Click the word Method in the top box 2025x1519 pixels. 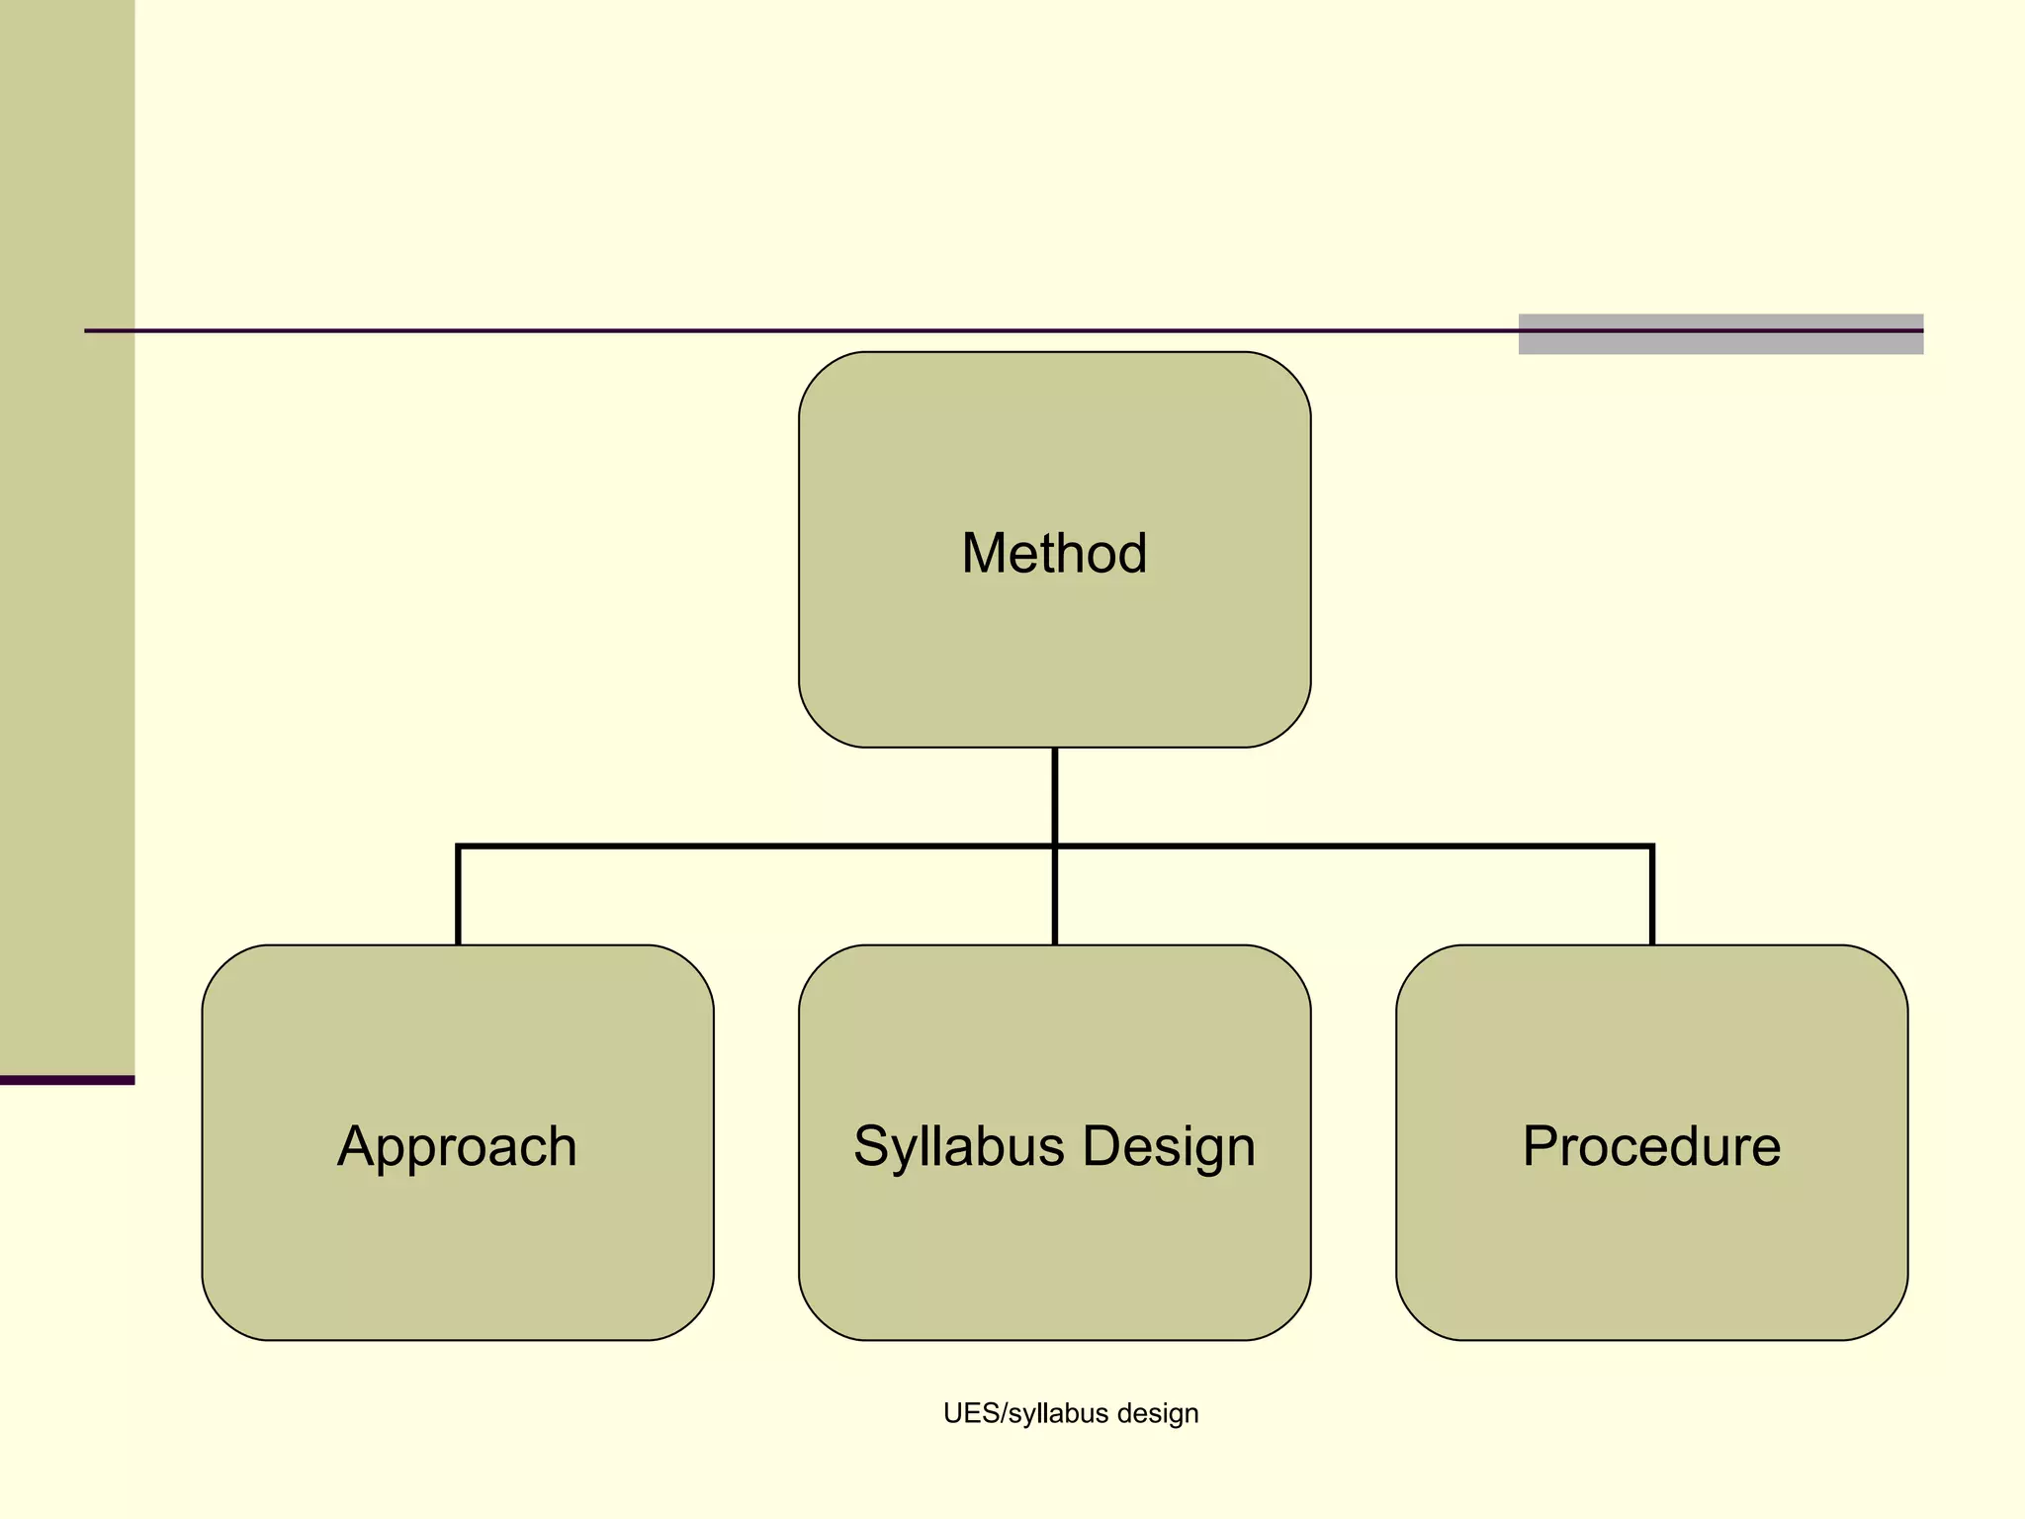click(x=1054, y=553)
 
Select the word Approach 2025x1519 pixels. click(x=457, y=1146)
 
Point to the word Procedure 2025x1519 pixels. click(x=1651, y=1146)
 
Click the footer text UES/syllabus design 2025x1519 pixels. click(x=1071, y=1413)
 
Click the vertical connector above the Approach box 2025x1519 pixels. click(x=459, y=895)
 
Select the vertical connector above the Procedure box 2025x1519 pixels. click(x=1652, y=895)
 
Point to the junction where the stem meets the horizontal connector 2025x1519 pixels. click(x=1055, y=847)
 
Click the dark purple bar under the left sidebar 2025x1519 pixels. click(x=66, y=1080)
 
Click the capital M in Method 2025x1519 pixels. click(x=984, y=553)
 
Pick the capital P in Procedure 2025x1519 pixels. click(x=1541, y=1146)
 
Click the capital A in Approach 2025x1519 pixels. click(x=356, y=1146)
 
